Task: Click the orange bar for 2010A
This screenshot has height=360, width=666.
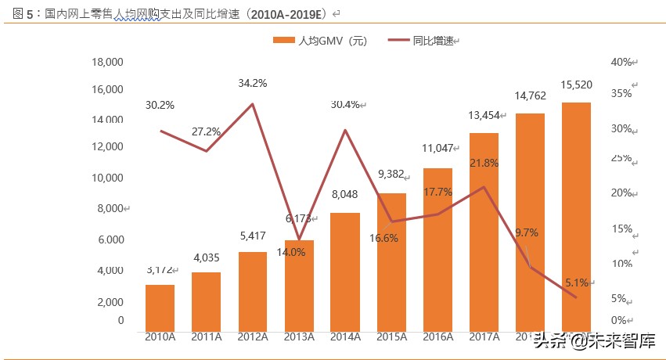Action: point(160,308)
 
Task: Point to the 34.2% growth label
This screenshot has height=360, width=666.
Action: point(253,83)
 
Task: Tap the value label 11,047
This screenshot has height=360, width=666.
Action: point(437,148)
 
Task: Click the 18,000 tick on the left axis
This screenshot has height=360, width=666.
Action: point(107,62)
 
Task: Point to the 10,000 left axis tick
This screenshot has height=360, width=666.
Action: point(107,178)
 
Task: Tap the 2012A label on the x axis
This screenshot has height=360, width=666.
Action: point(253,337)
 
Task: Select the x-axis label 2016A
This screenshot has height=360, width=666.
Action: point(437,337)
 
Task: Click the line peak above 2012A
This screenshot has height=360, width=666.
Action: point(253,104)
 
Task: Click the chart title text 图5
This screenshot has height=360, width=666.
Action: point(23,14)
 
